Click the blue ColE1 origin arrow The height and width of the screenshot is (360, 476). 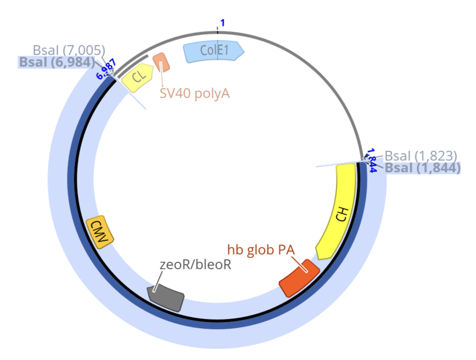pos(213,51)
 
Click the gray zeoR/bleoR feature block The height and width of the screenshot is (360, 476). pos(166,296)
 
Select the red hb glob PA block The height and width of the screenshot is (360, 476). pos(299,277)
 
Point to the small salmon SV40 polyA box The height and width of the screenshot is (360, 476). pos(161,63)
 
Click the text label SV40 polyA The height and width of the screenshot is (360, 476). pos(195,93)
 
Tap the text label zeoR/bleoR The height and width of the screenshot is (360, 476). pos(195,265)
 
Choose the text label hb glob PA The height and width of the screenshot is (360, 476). pos(260,249)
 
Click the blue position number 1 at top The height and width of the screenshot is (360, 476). pos(222,23)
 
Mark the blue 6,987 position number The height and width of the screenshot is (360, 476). pos(106,68)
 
